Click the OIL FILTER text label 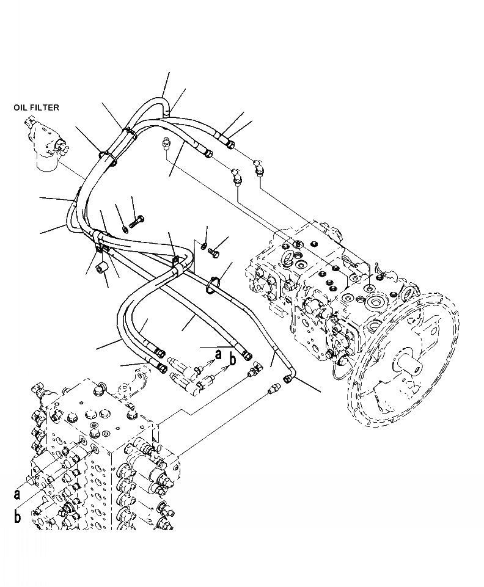(x=36, y=108)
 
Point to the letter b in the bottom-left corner (x=17, y=517)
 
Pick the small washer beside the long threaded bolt (x=126, y=229)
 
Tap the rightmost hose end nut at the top (x=230, y=144)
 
